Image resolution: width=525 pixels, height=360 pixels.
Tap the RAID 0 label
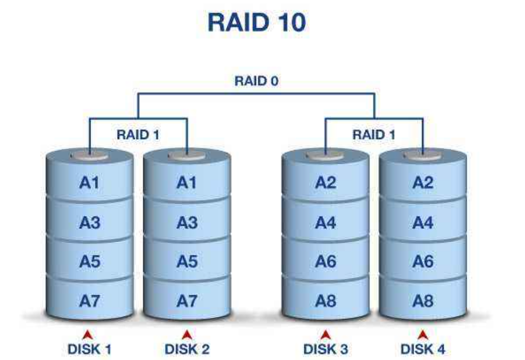pyautogui.click(x=256, y=81)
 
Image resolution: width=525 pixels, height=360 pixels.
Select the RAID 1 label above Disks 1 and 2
pyautogui.click(x=138, y=134)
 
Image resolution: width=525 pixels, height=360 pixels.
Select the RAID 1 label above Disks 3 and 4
pyautogui.click(x=373, y=134)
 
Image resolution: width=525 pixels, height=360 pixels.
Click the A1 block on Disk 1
pyautogui.click(x=89, y=183)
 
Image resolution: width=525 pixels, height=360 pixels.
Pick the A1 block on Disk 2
pyautogui.click(x=187, y=183)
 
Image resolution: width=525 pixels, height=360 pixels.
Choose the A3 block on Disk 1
pyautogui.click(x=89, y=223)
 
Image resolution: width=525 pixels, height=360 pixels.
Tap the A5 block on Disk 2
pyautogui.click(x=187, y=262)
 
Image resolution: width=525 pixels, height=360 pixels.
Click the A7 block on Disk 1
pyautogui.click(x=89, y=301)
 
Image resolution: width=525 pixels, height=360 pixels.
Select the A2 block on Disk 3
pyautogui.click(x=325, y=183)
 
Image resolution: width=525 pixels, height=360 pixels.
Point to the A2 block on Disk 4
pyautogui.click(x=422, y=183)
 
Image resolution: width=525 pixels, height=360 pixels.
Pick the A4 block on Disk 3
pyautogui.click(x=325, y=223)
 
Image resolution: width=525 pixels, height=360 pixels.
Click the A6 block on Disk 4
pyautogui.click(x=422, y=262)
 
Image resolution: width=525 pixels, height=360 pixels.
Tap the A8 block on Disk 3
pyautogui.click(x=325, y=301)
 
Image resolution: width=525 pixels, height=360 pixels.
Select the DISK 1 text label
pyautogui.click(x=89, y=349)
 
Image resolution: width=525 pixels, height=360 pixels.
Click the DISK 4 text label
pyautogui.click(x=422, y=349)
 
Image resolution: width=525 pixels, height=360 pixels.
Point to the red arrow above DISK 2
pyautogui.click(x=187, y=335)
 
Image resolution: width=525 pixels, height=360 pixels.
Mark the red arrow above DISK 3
pyautogui.click(x=325, y=335)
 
